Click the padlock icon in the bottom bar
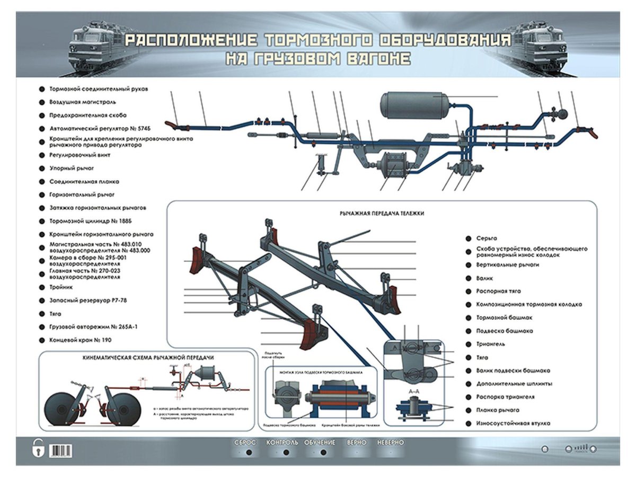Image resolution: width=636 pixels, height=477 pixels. tap(37, 448)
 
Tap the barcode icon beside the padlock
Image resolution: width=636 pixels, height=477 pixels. tap(61, 450)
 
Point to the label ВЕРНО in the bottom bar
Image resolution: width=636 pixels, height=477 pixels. tap(356, 442)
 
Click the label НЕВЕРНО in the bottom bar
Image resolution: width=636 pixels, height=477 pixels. tap(391, 442)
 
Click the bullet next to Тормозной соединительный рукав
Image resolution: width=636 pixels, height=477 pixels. tap(41, 89)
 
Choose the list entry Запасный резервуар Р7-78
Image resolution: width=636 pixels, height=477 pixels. tap(87, 301)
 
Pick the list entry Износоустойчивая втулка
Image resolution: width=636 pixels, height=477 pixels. tap(513, 423)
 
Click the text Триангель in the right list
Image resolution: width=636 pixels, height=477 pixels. tap(490, 344)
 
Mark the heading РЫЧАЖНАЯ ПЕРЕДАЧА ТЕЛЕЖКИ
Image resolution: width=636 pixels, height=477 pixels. tap(382, 213)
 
